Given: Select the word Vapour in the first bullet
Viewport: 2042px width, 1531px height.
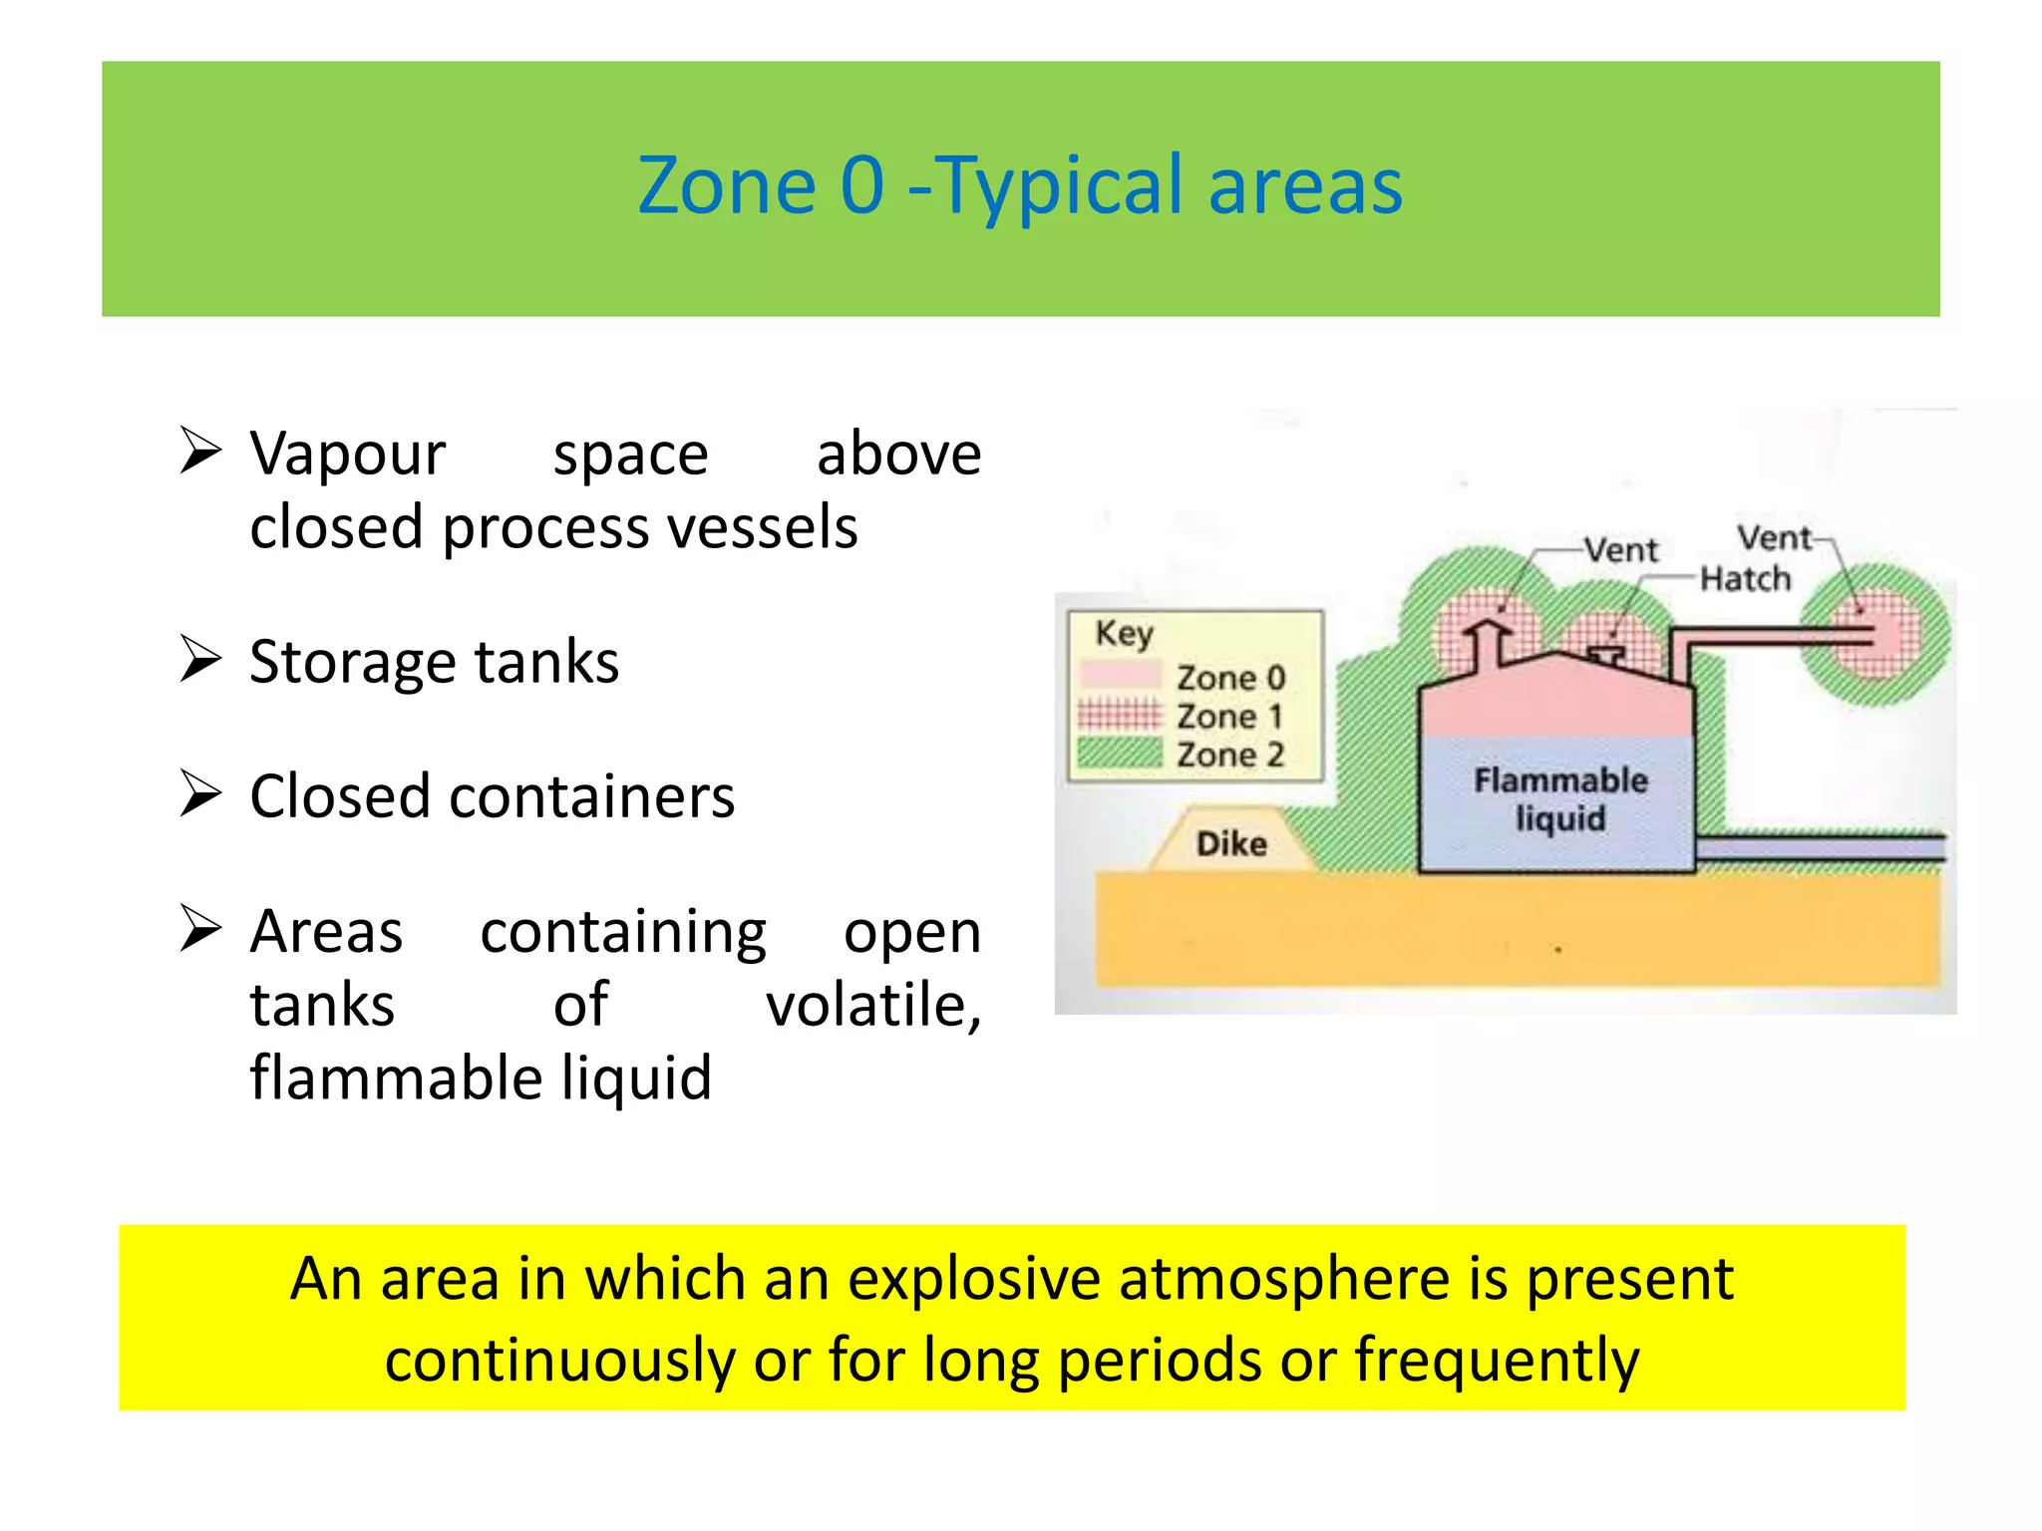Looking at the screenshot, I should coord(347,456).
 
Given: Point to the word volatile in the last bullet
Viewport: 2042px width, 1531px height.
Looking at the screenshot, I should coord(871,1005).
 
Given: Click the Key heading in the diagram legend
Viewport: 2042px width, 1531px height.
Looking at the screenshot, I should coord(1124,633).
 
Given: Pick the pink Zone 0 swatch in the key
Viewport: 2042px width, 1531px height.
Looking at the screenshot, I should coord(1120,675).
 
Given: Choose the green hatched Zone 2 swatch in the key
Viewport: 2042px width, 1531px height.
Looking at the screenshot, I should coord(1120,753).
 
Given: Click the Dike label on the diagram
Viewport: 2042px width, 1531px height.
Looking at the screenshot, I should coord(1231,844).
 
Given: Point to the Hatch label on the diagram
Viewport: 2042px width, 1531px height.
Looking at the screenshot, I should coord(1745,579).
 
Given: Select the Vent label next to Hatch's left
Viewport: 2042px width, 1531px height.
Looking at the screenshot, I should coord(1621,549).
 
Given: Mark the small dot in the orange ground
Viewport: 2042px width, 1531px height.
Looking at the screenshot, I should coord(1557,950).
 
